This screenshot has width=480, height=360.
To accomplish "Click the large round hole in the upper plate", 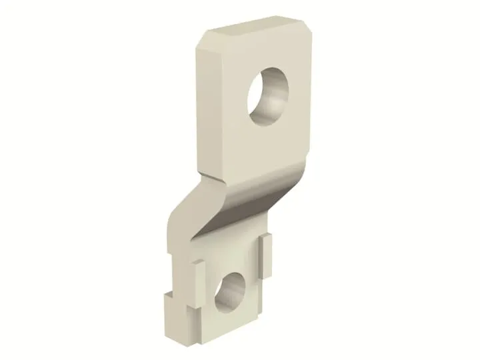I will (269, 101).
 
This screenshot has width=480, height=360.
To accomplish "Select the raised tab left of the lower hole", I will (199, 279).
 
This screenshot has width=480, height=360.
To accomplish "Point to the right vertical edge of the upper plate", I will (305, 100).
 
